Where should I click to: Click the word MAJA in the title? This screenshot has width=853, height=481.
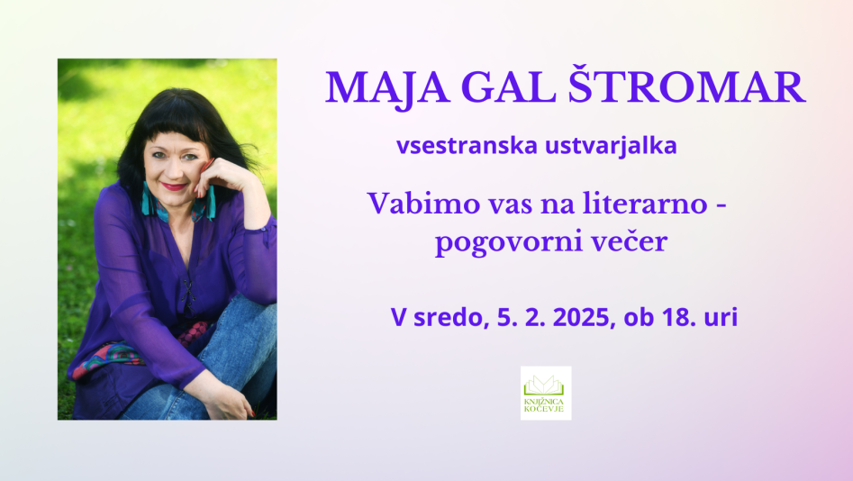(387, 88)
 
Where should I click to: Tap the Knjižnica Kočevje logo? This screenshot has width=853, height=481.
(546, 393)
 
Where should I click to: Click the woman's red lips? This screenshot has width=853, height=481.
(174, 186)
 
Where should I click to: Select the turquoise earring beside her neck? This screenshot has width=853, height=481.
(147, 200)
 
